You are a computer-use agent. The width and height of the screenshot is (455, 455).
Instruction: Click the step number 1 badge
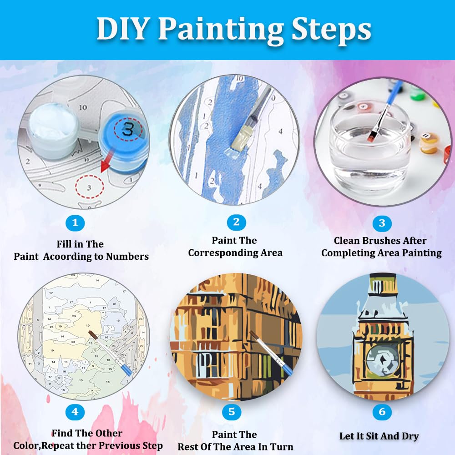coord(75,223)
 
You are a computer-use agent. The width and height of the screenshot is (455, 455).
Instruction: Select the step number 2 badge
coord(236,222)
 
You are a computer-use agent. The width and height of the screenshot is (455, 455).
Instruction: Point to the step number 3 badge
coord(382,223)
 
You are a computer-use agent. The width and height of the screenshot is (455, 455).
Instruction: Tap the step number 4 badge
coord(75,413)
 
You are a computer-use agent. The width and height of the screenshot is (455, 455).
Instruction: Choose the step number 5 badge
coord(232,413)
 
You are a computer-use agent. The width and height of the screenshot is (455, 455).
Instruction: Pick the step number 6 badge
coord(382,413)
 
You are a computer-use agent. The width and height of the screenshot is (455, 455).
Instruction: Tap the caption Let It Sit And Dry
coord(379,436)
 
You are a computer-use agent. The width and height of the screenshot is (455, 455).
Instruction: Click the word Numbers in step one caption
coord(127,257)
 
